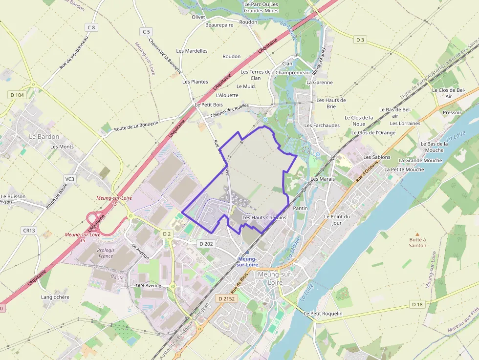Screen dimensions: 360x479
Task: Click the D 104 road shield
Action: coord(17,95)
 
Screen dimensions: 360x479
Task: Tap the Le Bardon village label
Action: coord(44,136)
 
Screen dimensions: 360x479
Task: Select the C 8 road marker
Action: coord(91,27)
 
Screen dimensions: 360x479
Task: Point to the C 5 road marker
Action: coord(146,32)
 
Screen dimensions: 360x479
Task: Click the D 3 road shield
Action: coord(360,40)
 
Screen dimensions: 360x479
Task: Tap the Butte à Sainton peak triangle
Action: coord(417,234)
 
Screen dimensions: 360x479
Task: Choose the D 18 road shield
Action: coord(416,304)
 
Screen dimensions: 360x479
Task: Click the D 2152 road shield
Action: coord(227,298)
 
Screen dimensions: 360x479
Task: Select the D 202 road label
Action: coord(206,243)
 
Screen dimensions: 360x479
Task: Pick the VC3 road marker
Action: coord(70,179)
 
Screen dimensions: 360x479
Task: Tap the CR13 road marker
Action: coord(29,230)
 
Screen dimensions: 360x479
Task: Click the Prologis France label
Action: coord(106,253)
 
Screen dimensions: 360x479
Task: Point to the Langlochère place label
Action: coord(55,297)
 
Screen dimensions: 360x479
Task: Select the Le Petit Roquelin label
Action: coord(323,313)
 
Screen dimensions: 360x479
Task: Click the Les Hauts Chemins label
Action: coord(264,217)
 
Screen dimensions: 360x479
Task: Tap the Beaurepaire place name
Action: coord(219,24)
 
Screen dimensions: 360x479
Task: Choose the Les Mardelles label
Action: coord(192,51)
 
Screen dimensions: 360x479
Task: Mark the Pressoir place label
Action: coord(452,112)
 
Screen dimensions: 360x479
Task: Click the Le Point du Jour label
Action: coord(337,219)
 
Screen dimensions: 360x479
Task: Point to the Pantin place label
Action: coord(300,208)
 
